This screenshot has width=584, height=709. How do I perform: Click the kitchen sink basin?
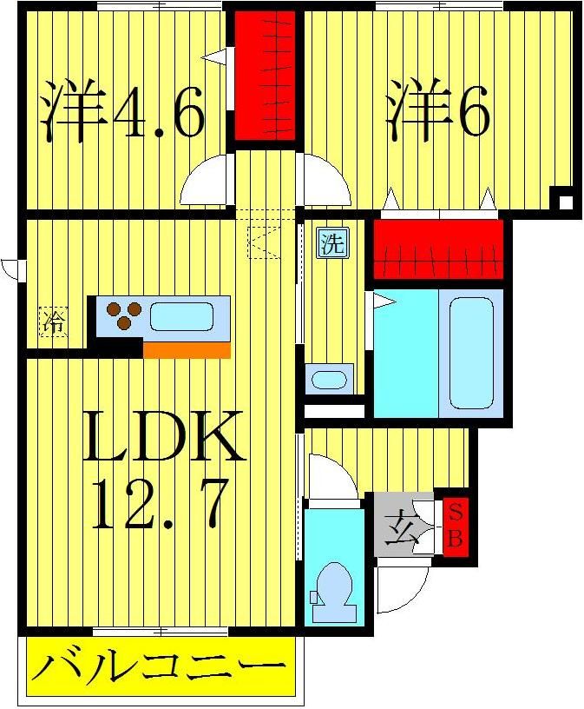coord(181,315)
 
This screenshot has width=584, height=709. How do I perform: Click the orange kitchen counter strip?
coord(187,349)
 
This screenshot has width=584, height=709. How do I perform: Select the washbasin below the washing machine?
coord(329,380)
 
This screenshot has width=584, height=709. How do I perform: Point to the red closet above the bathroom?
coord(438,247)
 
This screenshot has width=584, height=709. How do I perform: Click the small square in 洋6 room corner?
coord(565,202)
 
